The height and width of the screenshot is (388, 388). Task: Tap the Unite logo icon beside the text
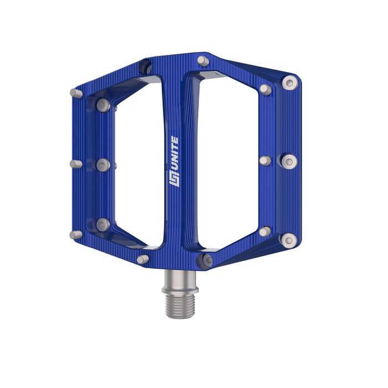(x=174, y=178)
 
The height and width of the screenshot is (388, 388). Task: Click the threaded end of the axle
(x=180, y=306)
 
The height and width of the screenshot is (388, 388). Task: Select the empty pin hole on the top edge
(x=145, y=67)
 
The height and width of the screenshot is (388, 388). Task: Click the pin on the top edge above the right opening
(x=203, y=61)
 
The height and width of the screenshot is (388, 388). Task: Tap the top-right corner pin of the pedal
(x=290, y=83)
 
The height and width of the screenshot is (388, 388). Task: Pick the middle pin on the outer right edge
(x=289, y=162)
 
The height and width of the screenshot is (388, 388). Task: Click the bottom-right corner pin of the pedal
(x=289, y=240)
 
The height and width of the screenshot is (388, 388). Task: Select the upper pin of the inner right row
(x=266, y=89)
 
